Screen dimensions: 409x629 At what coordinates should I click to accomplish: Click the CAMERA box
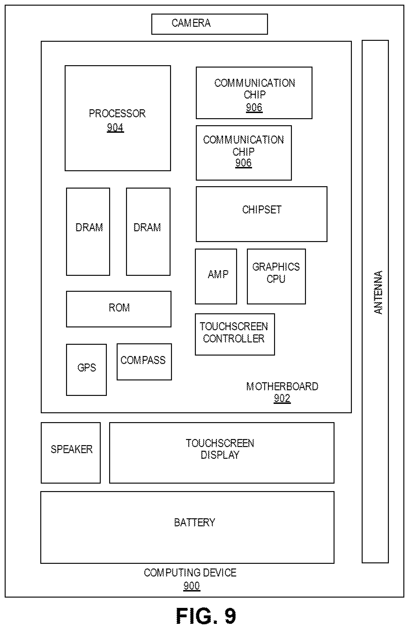(x=209, y=24)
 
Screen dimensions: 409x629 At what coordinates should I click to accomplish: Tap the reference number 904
(x=115, y=128)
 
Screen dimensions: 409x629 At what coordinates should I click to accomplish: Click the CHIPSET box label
(x=262, y=210)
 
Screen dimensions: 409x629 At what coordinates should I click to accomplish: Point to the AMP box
(x=216, y=276)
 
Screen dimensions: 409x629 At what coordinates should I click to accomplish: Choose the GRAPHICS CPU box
(x=276, y=276)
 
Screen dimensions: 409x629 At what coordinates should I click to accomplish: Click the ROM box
(x=119, y=309)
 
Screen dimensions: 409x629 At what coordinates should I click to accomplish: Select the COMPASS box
(x=144, y=362)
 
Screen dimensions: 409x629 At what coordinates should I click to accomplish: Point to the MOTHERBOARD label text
(x=282, y=386)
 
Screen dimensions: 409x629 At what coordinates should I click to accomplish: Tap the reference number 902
(x=282, y=398)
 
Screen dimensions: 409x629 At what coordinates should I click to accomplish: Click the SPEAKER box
(x=71, y=453)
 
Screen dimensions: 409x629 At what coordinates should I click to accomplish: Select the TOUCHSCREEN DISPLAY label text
(x=220, y=449)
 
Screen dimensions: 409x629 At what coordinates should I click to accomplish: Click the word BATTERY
(x=195, y=522)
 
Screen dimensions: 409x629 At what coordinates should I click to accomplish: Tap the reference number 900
(x=191, y=586)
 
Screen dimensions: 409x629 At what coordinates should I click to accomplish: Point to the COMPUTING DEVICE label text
(x=190, y=572)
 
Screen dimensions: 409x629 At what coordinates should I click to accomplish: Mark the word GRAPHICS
(x=276, y=267)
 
